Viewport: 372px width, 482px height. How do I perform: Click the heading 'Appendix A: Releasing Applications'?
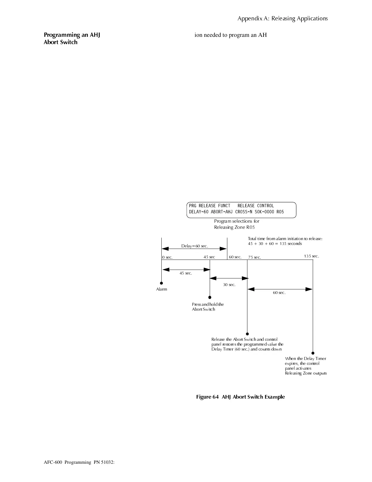coord(282,19)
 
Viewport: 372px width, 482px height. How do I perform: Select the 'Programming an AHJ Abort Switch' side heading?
coord(72,38)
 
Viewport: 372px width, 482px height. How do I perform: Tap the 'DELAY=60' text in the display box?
coord(198,212)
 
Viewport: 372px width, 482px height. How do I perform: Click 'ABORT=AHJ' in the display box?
coord(222,212)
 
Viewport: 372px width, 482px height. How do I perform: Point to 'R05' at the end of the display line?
coord(280,212)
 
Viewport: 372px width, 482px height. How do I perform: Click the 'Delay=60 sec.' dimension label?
coord(195,246)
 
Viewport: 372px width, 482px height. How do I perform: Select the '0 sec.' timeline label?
coord(167,257)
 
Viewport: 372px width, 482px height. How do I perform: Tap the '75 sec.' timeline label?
coord(254,257)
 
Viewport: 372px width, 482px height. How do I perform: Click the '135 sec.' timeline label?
coord(311,256)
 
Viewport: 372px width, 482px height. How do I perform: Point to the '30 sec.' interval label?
coord(229,285)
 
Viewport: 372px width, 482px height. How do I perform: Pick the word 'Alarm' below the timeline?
coord(161,289)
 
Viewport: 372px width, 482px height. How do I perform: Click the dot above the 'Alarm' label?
coord(161,283)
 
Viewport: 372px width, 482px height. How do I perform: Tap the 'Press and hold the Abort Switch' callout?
coord(208,307)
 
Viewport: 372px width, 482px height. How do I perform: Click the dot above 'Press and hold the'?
coord(210,297)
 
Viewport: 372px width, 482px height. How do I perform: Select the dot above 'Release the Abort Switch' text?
coord(247,334)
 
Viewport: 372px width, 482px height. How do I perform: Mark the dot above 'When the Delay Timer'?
coord(313,353)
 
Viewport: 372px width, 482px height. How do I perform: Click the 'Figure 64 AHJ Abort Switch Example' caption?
coord(240,397)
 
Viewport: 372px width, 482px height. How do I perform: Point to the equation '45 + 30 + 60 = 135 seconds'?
coord(275,244)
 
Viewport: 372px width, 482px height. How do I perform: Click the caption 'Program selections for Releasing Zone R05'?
coord(236,224)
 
